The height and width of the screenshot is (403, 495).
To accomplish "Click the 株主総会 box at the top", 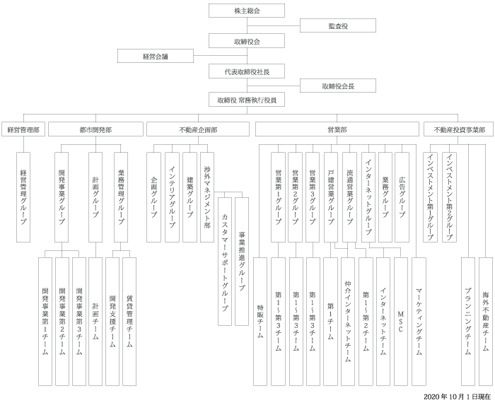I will (x=247, y=11).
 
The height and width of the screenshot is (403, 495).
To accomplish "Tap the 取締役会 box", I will (x=247, y=41).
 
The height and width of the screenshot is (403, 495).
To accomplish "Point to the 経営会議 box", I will (x=156, y=57).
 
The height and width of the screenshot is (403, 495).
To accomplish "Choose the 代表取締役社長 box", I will (x=247, y=71).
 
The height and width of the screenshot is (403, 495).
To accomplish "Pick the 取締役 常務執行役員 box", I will (x=247, y=100).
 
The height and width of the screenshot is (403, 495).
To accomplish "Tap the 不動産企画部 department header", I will (x=198, y=130).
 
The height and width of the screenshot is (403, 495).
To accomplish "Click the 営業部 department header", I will (x=337, y=130).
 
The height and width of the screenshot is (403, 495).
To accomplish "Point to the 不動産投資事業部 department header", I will (x=459, y=130).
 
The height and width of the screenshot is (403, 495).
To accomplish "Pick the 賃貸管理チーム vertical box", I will (x=129, y=321).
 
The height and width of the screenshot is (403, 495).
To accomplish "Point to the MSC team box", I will (x=401, y=321).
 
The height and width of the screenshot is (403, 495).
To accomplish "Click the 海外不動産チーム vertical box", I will (x=486, y=321).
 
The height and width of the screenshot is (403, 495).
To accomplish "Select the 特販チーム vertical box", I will (x=261, y=321).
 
